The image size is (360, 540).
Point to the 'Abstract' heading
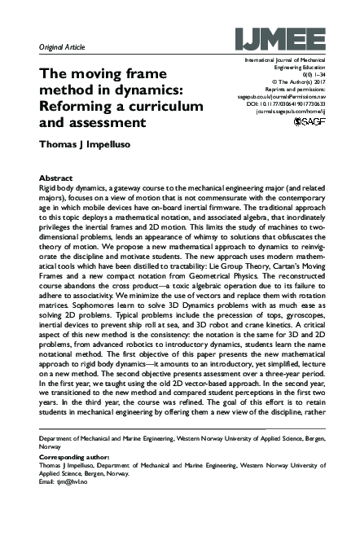[55, 178]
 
